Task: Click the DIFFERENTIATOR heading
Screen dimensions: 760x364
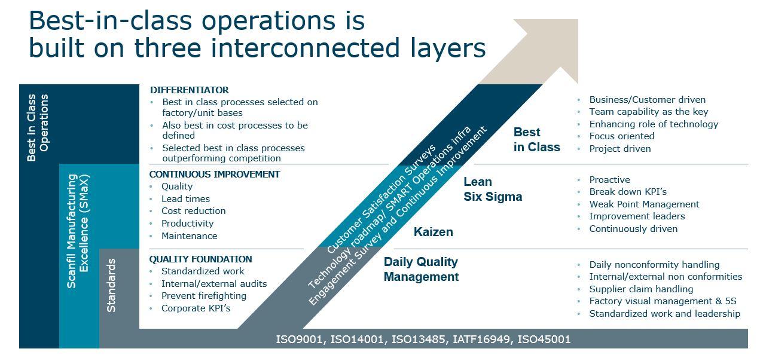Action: [190, 90]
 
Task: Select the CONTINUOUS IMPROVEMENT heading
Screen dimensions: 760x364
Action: [215, 174]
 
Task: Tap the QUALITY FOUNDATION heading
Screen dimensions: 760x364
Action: [200, 259]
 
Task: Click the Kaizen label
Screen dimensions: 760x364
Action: [434, 232]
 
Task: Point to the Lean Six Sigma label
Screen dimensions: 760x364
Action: [493, 189]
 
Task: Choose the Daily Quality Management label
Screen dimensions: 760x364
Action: [421, 270]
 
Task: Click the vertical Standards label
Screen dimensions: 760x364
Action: [111, 285]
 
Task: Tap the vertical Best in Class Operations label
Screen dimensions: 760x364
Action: [38, 127]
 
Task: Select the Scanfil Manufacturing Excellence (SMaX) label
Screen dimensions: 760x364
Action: [78, 231]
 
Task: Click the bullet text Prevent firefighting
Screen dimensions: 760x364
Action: [204, 296]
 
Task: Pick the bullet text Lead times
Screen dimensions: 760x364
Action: [185, 199]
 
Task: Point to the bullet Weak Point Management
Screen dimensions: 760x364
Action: [644, 204]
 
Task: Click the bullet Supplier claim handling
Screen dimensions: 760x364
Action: [641, 289]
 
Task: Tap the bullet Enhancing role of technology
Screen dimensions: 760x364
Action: [654, 124]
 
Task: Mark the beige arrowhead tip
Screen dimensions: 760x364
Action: [578, 20]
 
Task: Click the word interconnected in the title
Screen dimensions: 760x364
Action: [305, 48]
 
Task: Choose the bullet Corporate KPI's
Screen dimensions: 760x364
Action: [196, 308]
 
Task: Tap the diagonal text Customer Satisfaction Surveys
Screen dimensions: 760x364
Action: [381, 199]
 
